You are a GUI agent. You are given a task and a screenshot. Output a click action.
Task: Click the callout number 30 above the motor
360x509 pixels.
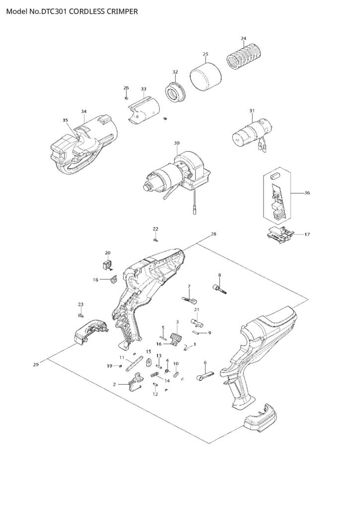point(177,143)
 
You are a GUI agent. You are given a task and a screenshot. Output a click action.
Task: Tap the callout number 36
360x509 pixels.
point(307,192)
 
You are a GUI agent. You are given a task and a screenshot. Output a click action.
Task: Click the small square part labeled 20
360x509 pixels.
point(107,264)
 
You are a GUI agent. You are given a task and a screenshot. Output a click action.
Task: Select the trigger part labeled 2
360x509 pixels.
point(135,385)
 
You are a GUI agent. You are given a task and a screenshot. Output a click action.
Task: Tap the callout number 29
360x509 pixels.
point(36,365)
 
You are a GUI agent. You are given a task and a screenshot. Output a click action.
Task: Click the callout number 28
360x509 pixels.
point(213,234)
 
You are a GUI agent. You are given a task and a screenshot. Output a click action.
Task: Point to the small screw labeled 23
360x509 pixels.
point(81,315)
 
